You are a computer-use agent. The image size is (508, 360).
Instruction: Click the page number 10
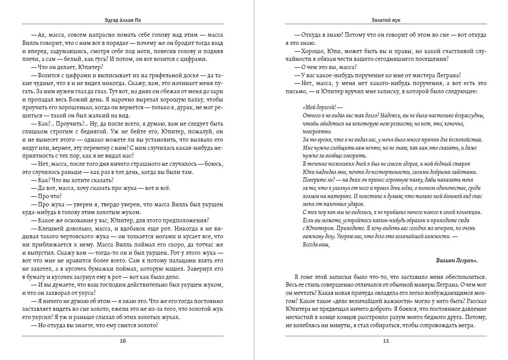pyautogui.click(x=123, y=341)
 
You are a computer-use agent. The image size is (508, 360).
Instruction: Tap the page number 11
pyautogui.click(x=386, y=341)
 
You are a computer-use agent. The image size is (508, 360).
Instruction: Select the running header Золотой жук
pyautogui.click(x=385, y=20)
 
